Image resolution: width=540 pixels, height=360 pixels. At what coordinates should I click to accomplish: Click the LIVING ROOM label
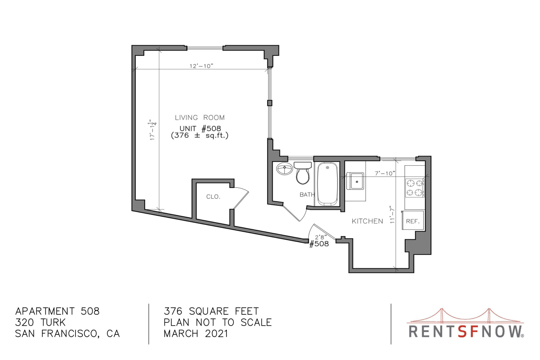click(x=200, y=118)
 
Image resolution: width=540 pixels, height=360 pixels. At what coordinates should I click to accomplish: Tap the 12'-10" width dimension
click(x=201, y=66)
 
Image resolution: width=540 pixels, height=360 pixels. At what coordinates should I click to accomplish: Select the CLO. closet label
click(x=213, y=197)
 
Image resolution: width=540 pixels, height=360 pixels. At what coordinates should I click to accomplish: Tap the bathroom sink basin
click(x=285, y=169)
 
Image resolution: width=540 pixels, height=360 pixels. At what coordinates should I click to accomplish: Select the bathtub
click(x=327, y=184)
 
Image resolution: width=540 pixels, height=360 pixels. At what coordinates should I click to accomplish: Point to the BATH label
click(x=307, y=195)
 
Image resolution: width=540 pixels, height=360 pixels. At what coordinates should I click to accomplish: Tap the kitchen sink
click(x=355, y=181)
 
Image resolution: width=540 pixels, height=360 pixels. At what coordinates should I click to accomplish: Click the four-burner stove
click(x=415, y=188)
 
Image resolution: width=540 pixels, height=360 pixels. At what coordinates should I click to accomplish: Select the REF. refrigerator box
click(x=413, y=221)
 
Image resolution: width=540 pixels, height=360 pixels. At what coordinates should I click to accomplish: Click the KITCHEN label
click(x=367, y=221)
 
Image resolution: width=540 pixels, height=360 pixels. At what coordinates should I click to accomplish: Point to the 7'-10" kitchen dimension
click(x=385, y=173)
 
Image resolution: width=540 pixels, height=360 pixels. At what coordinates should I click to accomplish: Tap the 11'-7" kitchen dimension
click(x=393, y=214)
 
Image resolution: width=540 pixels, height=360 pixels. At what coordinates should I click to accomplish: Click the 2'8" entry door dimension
click(x=321, y=237)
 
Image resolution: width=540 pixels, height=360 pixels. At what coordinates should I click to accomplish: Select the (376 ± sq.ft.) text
click(x=200, y=136)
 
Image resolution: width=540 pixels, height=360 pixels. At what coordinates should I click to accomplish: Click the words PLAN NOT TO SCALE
click(x=218, y=322)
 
